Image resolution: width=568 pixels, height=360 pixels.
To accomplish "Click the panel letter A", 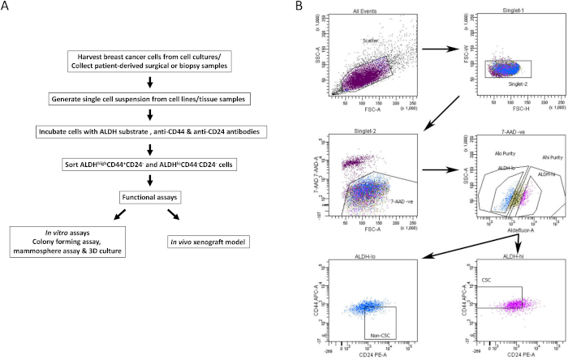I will (x=7, y=8).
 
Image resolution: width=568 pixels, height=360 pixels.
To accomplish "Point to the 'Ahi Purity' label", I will (x=531, y=156).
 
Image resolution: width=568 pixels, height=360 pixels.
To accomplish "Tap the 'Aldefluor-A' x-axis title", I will (x=502, y=229).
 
